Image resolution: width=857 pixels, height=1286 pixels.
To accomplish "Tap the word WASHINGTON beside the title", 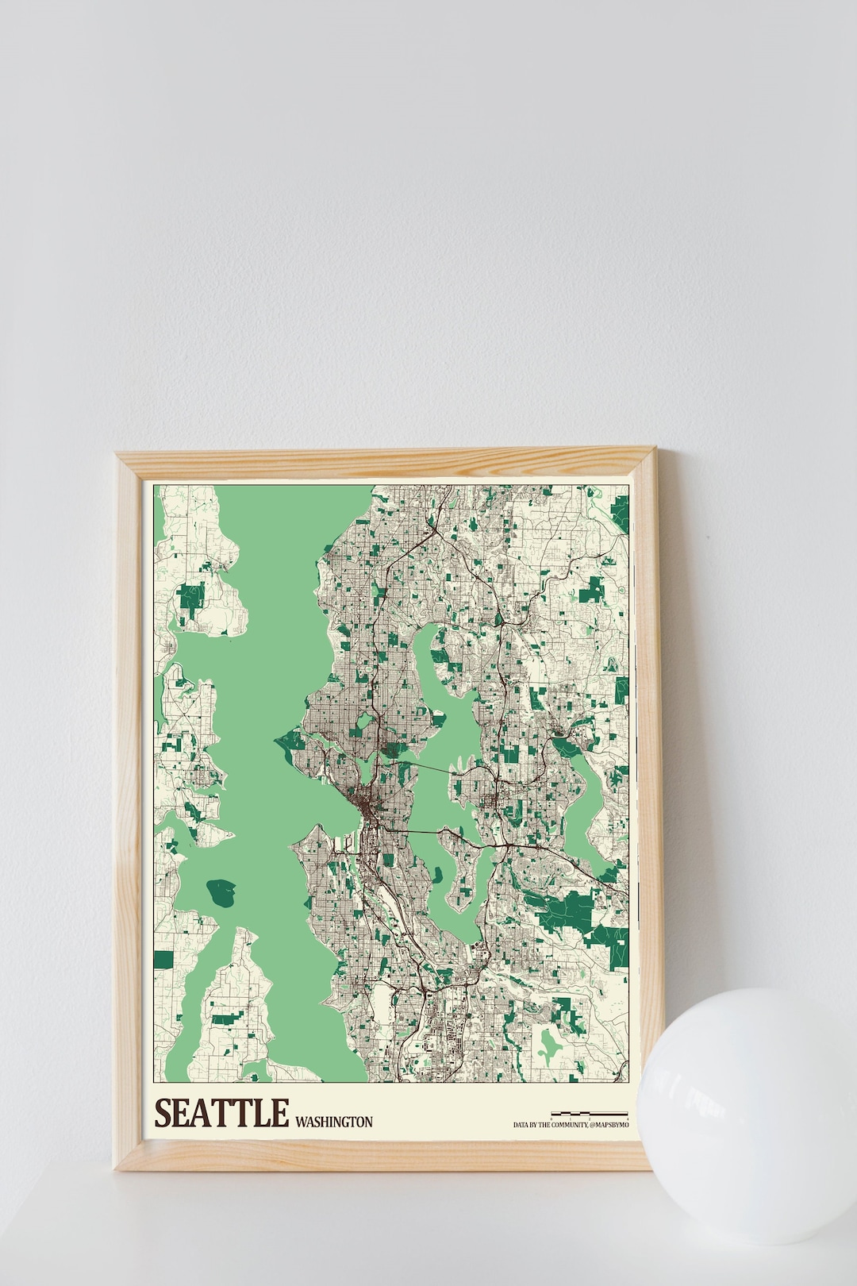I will pos(333,1122).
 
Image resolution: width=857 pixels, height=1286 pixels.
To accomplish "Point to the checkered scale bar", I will pos(589,1113).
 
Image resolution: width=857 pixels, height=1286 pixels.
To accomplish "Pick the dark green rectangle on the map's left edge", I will pos(163,960).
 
